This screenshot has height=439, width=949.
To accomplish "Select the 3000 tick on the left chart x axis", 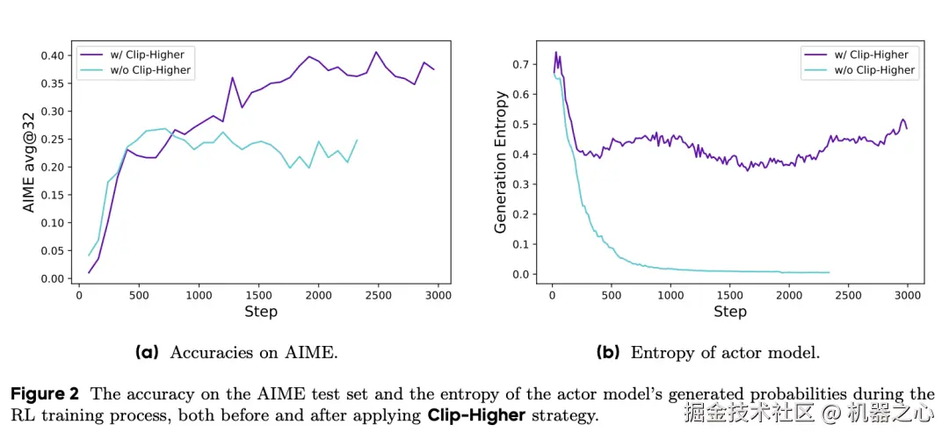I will (x=437, y=294).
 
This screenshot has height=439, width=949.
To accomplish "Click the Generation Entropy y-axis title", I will (x=501, y=162).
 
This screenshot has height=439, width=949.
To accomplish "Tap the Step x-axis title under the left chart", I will (x=260, y=312).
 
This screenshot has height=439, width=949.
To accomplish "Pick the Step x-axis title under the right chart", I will (x=730, y=312).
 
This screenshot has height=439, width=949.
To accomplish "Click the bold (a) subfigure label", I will (x=147, y=352).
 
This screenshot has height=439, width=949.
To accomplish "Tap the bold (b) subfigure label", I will (x=608, y=352).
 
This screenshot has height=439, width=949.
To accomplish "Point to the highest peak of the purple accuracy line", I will (x=376, y=52).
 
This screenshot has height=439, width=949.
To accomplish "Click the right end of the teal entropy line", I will (x=829, y=272).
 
